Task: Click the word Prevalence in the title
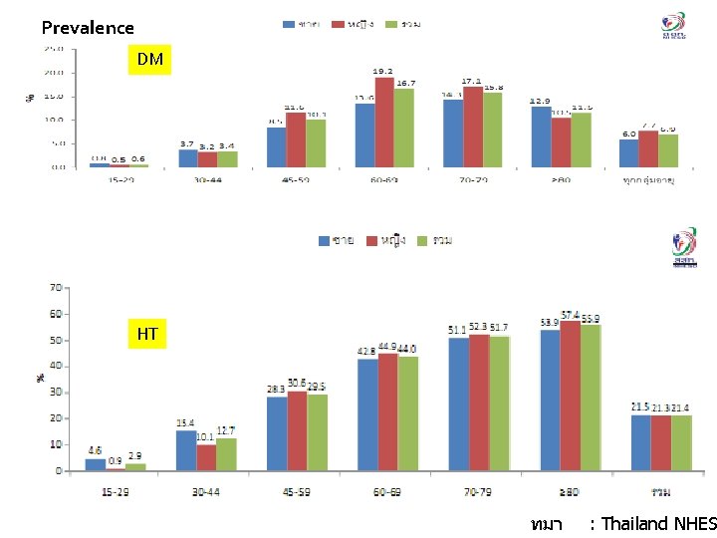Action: click(88, 28)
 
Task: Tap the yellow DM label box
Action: click(149, 60)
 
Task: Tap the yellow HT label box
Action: click(147, 334)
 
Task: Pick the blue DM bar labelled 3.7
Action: click(187, 157)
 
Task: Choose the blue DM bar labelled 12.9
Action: click(541, 136)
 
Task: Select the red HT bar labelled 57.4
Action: click(570, 395)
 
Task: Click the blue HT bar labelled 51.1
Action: click(458, 403)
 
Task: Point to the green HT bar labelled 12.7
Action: click(226, 453)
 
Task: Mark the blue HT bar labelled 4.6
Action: click(95, 463)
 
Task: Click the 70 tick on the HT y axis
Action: click(56, 287)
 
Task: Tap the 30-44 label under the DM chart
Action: click(207, 180)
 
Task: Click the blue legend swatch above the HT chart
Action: click(325, 240)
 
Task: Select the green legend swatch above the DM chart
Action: click(391, 23)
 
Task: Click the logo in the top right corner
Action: click(674, 24)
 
